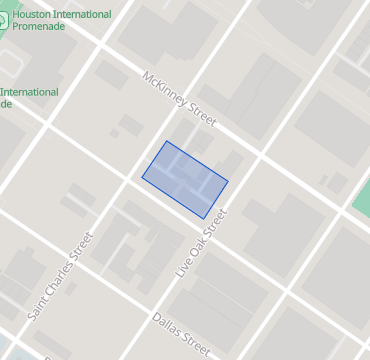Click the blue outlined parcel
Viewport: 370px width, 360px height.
[185, 179]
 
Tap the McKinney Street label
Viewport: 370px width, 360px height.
[180, 98]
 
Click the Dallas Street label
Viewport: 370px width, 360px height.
[181, 335]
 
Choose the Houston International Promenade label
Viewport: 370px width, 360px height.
[56, 21]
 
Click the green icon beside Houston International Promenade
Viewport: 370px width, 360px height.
[3, 21]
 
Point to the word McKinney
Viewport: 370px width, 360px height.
[165, 88]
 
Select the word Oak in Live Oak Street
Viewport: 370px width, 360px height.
[203, 242]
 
